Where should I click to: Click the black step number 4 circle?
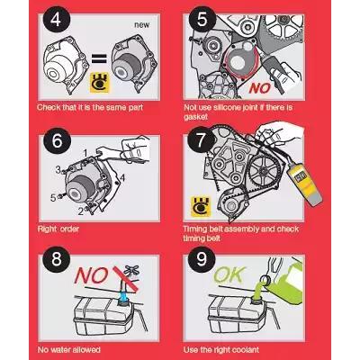click(x=56, y=20)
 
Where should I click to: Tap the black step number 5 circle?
click(x=202, y=20)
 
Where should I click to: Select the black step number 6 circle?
click(x=57, y=140)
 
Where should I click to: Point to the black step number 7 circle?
click(x=201, y=139)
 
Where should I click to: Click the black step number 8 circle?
click(x=57, y=258)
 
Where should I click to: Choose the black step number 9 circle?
click(x=202, y=258)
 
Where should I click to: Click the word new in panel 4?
click(x=141, y=25)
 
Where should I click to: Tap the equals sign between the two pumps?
click(x=99, y=58)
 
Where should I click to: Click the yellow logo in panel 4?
click(x=100, y=83)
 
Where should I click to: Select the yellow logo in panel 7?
click(x=201, y=207)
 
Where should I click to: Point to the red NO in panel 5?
click(x=260, y=88)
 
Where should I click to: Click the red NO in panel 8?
click(x=91, y=275)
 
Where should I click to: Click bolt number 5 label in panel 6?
click(x=53, y=198)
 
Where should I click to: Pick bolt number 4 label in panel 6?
click(x=121, y=178)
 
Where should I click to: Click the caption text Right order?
click(x=58, y=229)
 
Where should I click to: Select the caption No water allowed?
click(x=69, y=350)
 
